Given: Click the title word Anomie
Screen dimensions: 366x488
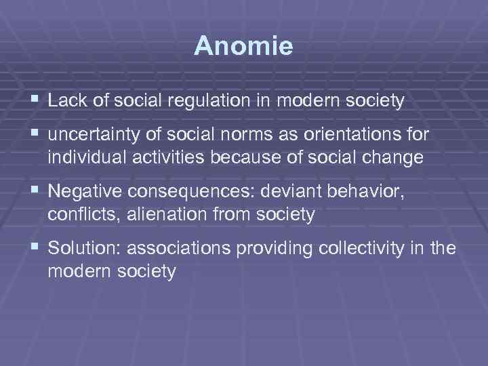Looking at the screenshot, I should (243, 46).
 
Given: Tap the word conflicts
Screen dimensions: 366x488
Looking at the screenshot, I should (76, 215).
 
